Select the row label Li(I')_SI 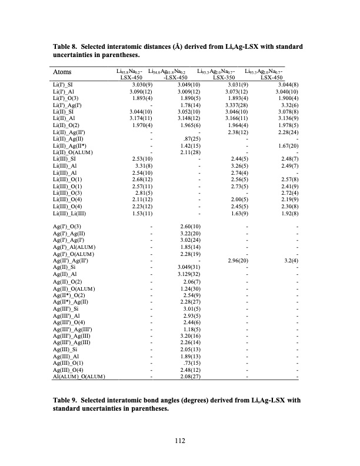63,86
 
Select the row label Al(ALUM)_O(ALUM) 78,377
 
